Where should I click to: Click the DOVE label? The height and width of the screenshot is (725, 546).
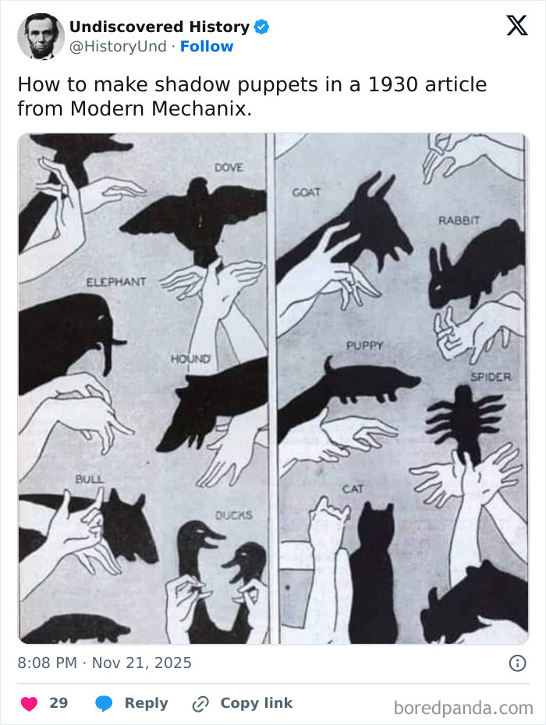pyautogui.click(x=228, y=168)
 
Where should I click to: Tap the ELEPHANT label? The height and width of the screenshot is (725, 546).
pyautogui.click(x=115, y=281)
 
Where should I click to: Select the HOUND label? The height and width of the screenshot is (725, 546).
pyautogui.click(x=190, y=358)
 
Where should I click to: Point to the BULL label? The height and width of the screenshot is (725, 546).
pyautogui.click(x=89, y=478)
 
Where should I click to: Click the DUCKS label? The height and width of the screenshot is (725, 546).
pyautogui.click(x=233, y=515)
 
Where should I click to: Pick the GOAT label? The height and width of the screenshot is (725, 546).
pyautogui.click(x=307, y=192)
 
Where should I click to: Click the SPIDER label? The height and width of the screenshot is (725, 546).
pyautogui.click(x=491, y=377)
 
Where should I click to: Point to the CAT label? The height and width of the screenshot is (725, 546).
pyautogui.click(x=353, y=489)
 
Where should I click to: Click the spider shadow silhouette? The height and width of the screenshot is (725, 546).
pyautogui.click(x=463, y=421)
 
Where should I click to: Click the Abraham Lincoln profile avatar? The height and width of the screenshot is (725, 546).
pyautogui.click(x=41, y=37)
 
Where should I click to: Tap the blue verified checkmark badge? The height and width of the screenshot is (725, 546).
pyautogui.click(x=262, y=27)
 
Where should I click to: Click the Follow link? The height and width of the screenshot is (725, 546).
pyautogui.click(x=207, y=46)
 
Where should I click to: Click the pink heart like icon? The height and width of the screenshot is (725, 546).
pyautogui.click(x=29, y=703)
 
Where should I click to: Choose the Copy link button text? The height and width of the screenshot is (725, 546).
pyautogui.click(x=256, y=703)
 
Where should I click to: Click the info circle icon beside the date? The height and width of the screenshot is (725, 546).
pyautogui.click(x=516, y=663)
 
